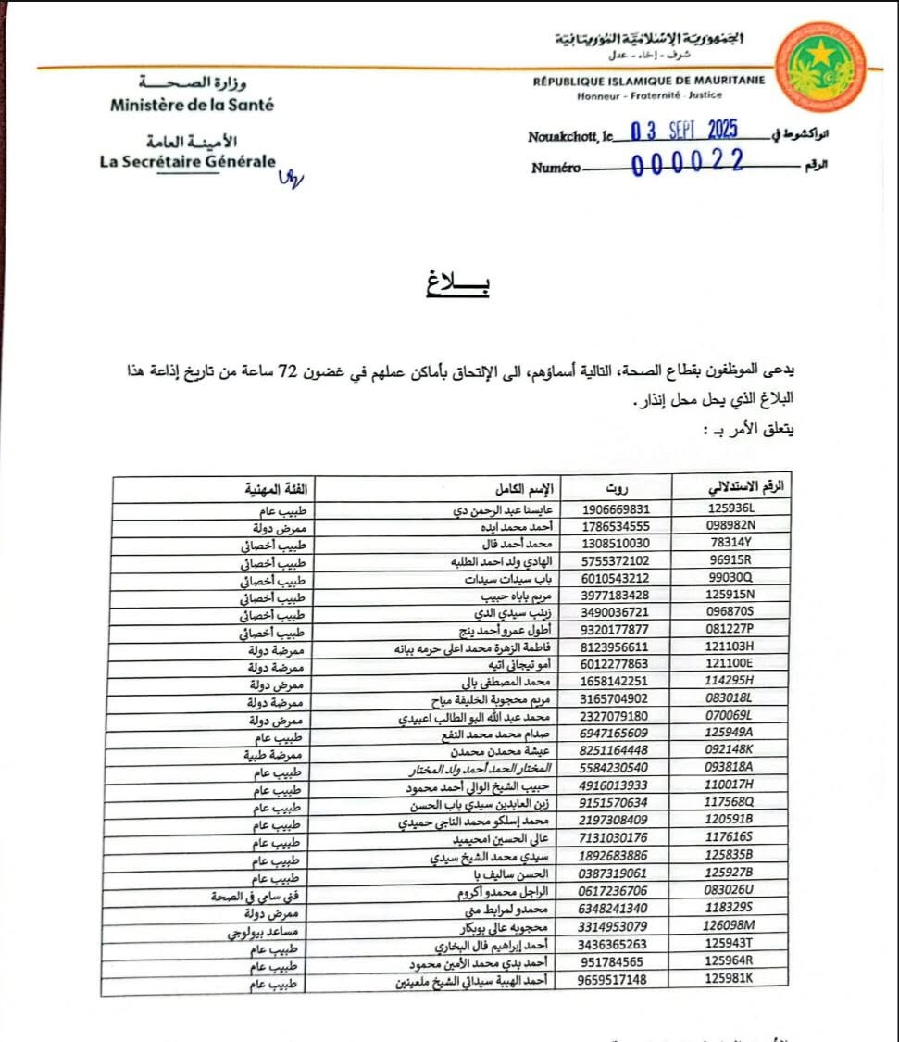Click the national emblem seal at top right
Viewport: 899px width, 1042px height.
coord(821,67)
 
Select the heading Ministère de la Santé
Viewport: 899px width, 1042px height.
coord(192,105)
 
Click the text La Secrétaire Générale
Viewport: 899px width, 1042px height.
coord(187,160)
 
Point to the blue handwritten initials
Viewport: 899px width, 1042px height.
coord(290,177)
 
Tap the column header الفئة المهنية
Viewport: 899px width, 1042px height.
coord(277,488)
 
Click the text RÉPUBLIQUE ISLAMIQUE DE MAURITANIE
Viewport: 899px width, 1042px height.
coord(648,81)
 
